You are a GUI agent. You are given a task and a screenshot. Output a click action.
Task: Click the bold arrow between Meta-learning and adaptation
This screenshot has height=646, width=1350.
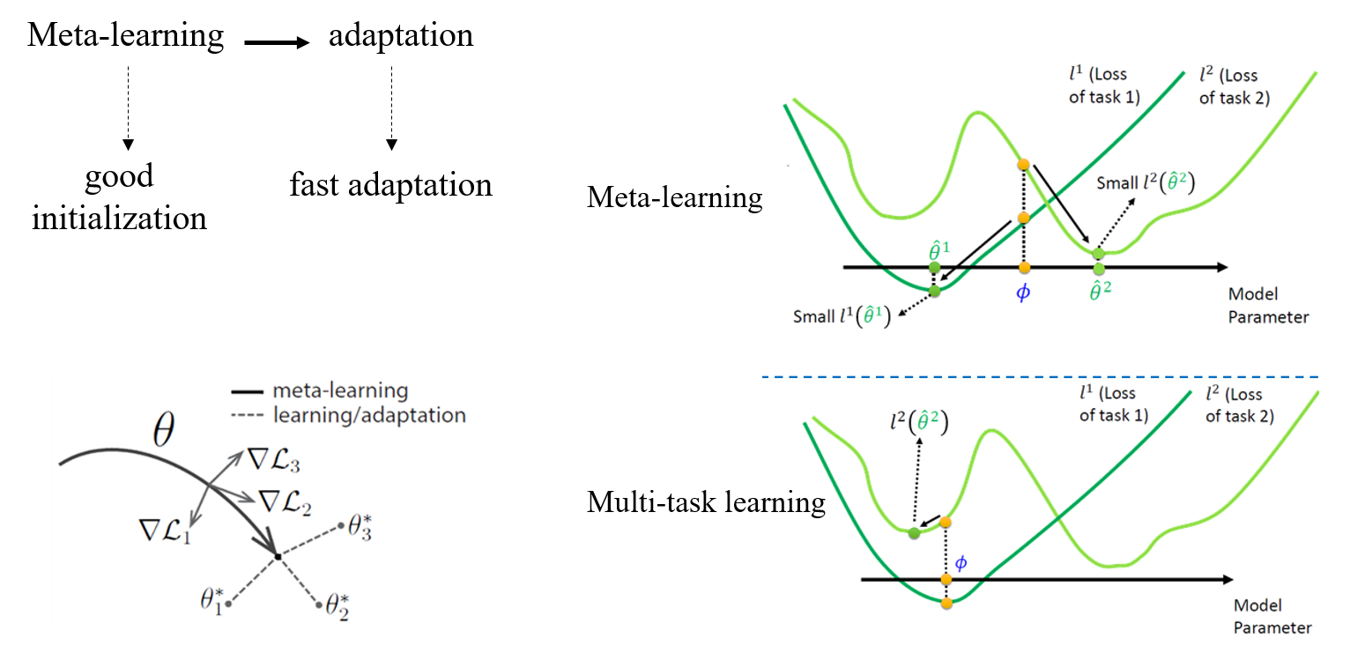(x=277, y=41)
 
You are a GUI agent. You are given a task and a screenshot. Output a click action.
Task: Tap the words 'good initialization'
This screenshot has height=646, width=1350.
(x=120, y=197)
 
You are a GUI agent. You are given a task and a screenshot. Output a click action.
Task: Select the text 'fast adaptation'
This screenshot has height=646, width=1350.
(x=390, y=185)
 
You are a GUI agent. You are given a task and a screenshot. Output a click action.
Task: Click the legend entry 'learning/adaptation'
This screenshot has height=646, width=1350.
(x=369, y=414)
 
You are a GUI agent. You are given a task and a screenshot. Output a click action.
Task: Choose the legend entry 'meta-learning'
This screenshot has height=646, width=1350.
(x=340, y=390)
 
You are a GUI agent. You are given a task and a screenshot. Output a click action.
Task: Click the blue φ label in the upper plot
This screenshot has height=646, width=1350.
(x=1023, y=293)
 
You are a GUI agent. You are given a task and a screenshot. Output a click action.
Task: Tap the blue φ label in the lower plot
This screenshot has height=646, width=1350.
(x=961, y=561)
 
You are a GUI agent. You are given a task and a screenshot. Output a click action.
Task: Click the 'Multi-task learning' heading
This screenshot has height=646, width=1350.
(x=706, y=502)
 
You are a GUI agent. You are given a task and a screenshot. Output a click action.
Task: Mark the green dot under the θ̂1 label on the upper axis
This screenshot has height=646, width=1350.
(x=935, y=266)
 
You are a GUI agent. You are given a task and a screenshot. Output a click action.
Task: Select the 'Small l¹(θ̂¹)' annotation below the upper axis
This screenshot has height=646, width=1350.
(x=841, y=316)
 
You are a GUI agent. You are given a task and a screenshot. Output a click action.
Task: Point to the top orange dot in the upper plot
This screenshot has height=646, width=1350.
(x=1023, y=165)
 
